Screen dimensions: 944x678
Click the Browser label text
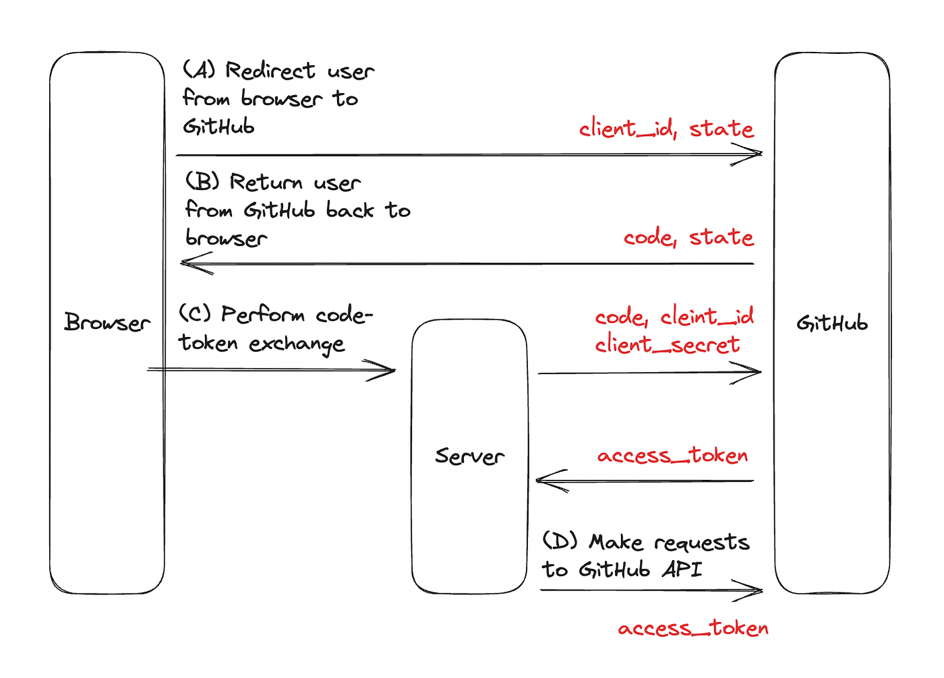click(x=107, y=323)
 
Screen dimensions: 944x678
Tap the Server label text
click(x=469, y=456)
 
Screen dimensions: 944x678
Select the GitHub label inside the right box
click(x=832, y=323)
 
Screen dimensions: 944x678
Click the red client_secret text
click(x=667, y=344)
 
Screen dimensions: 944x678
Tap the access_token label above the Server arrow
click(x=673, y=455)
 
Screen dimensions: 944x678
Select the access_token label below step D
click(x=693, y=628)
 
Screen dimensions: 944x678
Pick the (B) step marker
click(x=202, y=181)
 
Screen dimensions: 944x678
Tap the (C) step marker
click(x=195, y=313)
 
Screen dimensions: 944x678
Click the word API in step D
click(x=682, y=569)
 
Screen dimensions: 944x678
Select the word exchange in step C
click(x=297, y=344)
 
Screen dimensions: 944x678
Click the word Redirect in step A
click(x=270, y=70)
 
